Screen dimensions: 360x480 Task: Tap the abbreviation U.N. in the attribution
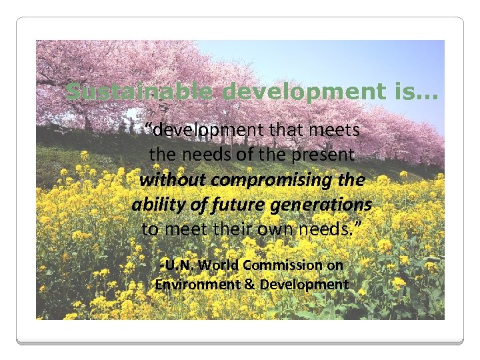point(177,265)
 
